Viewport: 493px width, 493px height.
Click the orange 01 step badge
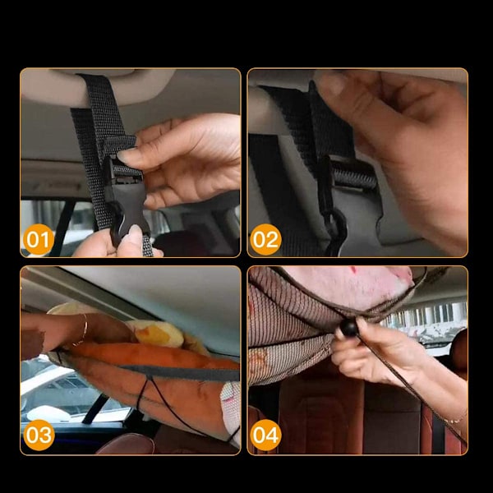click(39, 239)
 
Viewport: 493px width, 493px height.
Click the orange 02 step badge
click(265, 239)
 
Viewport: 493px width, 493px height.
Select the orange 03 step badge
click(39, 435)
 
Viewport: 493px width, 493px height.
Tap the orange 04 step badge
click(265, 435)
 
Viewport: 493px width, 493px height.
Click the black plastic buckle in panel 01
click(127, 198)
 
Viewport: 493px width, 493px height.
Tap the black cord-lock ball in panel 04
click(349, 327)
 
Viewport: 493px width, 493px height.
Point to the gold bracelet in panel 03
click(82, 330)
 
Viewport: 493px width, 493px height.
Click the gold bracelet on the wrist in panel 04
click(456, 420)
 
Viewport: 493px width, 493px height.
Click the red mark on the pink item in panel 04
click(353, 270)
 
